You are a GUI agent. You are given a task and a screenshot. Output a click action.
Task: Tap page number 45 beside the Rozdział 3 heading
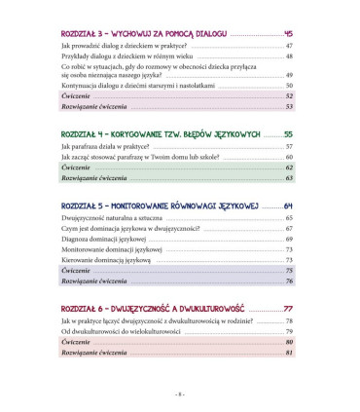tap(287, 35)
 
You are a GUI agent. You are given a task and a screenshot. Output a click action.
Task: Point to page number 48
tap(289, 57)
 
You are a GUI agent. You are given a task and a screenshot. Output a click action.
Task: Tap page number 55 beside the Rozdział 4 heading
tap(287, 133)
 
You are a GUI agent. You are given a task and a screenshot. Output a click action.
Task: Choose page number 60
tap(289, 156)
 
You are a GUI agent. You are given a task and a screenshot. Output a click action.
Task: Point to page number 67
tap(289, 229)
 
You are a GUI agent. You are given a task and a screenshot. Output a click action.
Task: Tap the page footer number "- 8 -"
tap(179, 393)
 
